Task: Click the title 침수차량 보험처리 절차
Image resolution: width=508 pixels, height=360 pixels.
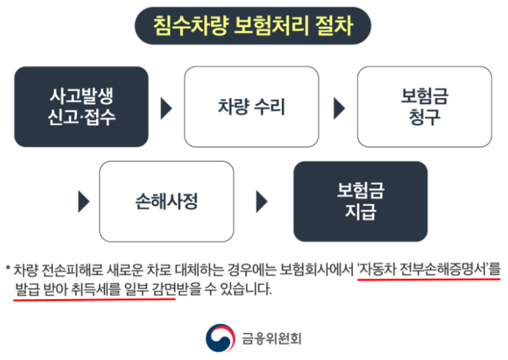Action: tap(253, 26)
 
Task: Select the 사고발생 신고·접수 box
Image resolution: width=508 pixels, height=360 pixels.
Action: tap(81, 106)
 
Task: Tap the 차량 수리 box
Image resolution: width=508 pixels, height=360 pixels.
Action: tap(251, 106)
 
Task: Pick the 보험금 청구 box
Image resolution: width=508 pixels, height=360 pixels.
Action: tap(424, 106)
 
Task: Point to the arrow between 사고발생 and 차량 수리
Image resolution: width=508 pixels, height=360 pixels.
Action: tap(166, 107)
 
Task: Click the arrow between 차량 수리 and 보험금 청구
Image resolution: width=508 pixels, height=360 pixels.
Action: tap(338, 107)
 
